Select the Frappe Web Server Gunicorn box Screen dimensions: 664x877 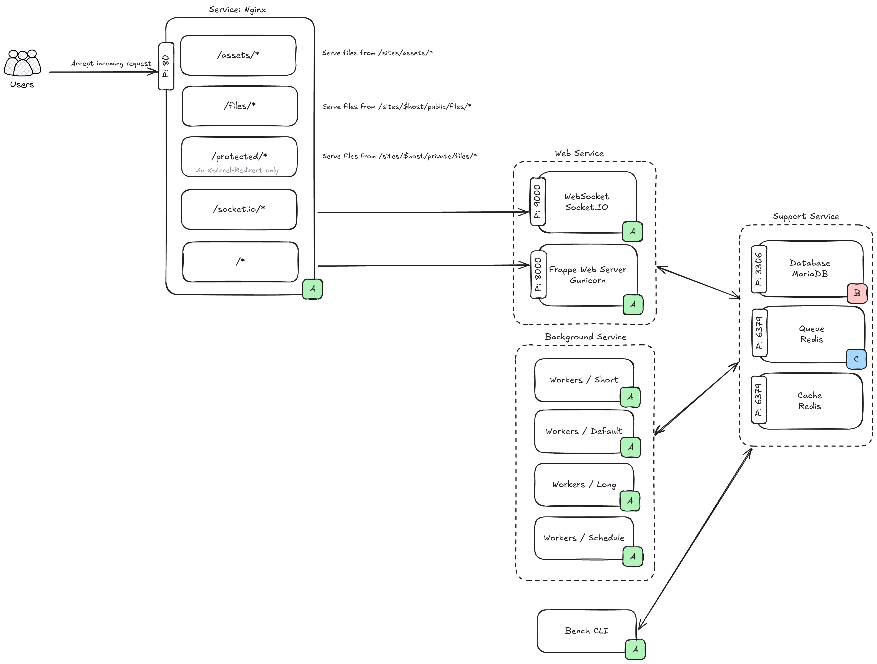click(588, 275)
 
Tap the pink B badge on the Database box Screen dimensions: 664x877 click(857, 293)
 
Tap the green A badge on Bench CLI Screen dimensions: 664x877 click(635, 649)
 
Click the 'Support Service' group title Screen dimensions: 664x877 click(806, 216)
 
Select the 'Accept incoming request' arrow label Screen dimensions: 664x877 click(111, 63)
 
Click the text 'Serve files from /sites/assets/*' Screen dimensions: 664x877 click(377, 53)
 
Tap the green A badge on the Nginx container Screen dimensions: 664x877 click(312, 289)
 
